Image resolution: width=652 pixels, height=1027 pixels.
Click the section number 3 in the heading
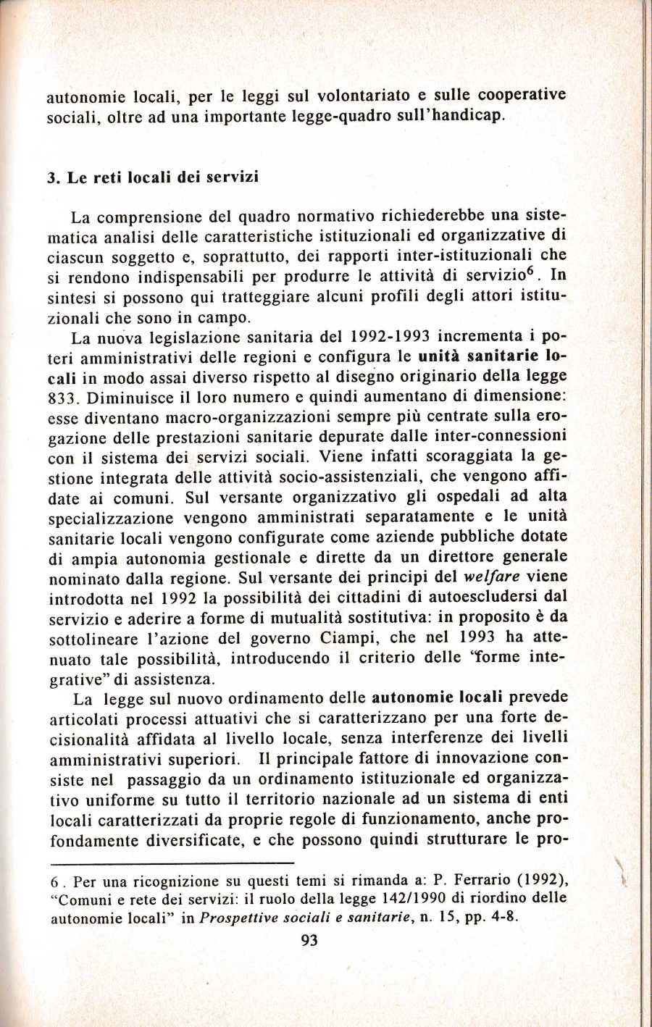click(x=51, y=177)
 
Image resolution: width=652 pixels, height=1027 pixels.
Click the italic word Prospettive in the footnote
click(x=238, y=915)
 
